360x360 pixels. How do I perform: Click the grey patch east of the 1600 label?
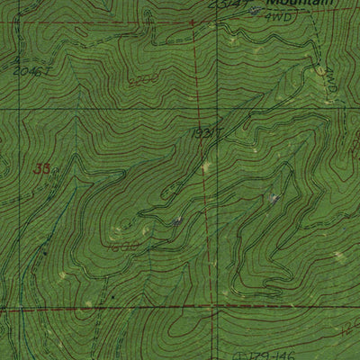[x=176, y=218]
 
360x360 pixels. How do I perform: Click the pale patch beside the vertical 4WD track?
[x=319, y=70]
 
